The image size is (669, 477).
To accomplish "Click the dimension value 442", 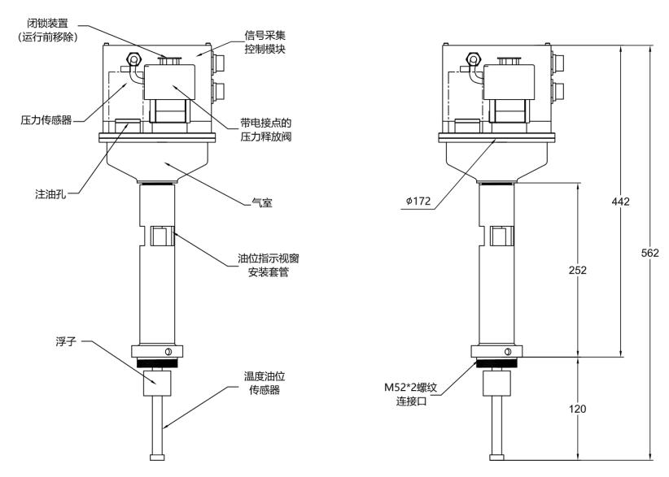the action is (620, 202).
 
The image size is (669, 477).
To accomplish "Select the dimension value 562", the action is (649, 253).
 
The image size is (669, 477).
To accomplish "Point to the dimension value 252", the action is (578, 270).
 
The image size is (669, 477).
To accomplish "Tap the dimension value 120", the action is (577, 409).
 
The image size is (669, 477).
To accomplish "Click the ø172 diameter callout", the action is (418, 201).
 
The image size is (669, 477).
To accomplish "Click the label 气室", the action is (262, 202).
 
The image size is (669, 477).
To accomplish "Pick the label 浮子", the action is (66, 341).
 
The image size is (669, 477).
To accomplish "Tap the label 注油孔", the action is (50, 194).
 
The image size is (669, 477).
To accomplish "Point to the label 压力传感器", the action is (46, 120).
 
